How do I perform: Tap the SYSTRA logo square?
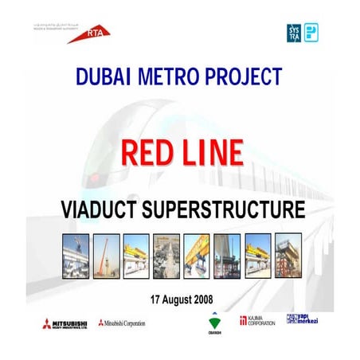[294, 32]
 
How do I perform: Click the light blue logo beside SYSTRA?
[312, 32]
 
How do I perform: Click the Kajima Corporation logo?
[257, 322]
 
